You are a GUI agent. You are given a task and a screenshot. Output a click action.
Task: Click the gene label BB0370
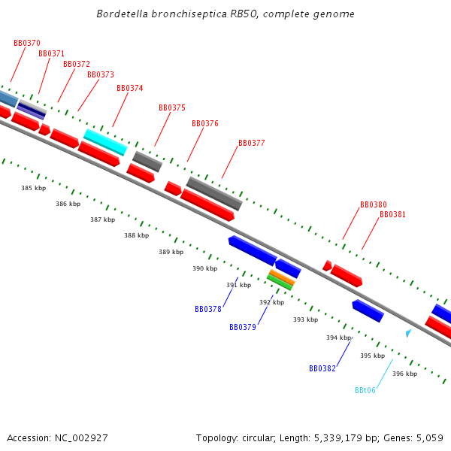click(27, 44)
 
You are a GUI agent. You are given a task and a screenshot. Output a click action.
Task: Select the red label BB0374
click(130, 89)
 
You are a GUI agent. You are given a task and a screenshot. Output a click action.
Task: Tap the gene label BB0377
click(252, 144)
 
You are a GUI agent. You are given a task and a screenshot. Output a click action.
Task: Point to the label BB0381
click(392, 215)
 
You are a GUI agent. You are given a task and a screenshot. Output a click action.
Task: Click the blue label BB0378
click(208, 310)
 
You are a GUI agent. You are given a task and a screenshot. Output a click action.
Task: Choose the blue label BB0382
click(322, 369)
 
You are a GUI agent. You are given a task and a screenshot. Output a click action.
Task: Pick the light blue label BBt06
click(365, 391)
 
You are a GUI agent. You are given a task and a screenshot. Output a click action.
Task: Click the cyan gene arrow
click(105, 141)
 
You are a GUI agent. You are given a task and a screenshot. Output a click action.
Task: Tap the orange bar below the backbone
click(282, 277)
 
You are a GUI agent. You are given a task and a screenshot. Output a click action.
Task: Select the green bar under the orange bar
click(280, 283)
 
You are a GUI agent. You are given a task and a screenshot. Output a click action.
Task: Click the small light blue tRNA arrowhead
click(408, 332)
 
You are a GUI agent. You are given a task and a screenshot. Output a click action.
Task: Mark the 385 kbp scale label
click(33, 189)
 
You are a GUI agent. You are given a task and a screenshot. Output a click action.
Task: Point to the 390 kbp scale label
click(204, 269)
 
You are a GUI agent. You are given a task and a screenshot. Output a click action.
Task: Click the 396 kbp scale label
click(404, 374)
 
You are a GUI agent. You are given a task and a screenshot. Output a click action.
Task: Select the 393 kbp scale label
click(305, 320)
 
